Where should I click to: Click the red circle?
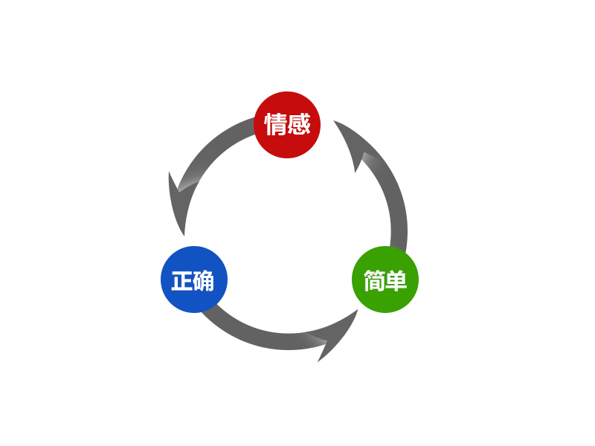click(x=287, y=125)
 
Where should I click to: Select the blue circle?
click(x=194, y=279)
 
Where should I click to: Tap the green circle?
click(x=385, y=279)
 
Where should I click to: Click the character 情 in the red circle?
click(x=276, y=124)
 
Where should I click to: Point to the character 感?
click(x=298, y=124)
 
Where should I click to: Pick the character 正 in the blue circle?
click(x=182, y=281)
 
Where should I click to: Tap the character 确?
click(x=204, y=281)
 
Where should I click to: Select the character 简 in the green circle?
click(x=374, y=281)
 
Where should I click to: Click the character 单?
click(x=396, y=281)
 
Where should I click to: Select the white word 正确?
click(x=193, y=281)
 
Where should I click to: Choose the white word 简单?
click(x=385, y=281)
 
